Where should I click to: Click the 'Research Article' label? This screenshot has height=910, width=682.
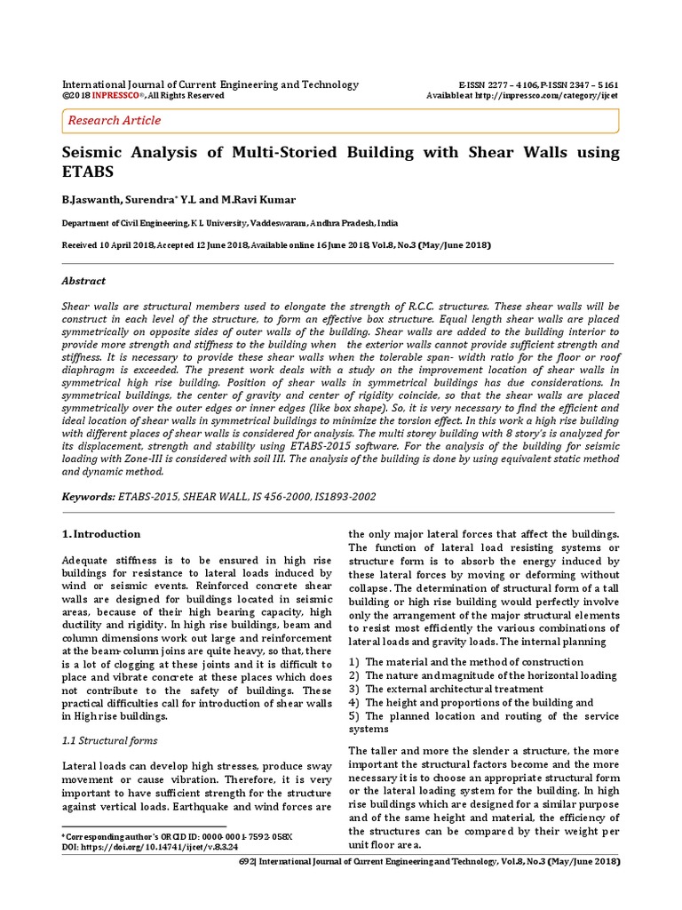coord(115,120)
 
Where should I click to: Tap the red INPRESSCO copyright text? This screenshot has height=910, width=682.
coord(119,95)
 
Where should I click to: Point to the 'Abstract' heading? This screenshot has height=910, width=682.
coord(83,281)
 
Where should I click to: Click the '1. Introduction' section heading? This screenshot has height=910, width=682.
coord(101,534)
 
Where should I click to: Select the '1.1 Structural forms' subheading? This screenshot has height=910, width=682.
coord(110,740)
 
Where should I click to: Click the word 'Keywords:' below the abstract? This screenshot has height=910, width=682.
coord(89,499)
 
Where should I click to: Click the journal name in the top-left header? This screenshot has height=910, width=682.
coord(210,84)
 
